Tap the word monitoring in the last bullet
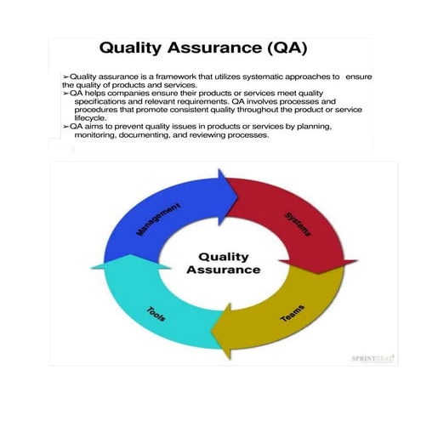pos(100,134)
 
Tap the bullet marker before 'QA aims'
pos(66,126)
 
